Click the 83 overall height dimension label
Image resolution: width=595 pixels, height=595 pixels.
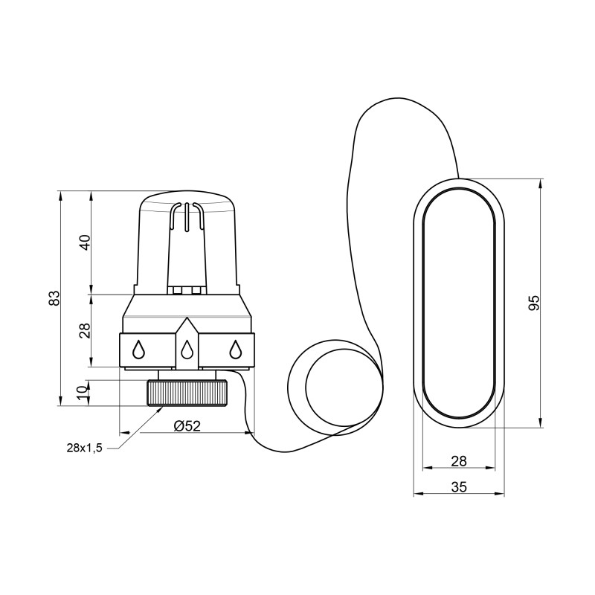(55, 298)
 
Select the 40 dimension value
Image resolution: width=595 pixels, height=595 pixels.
(86, 242)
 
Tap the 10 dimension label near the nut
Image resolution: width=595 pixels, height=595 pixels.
(82, 393)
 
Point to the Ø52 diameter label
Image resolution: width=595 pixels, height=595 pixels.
(187, 425)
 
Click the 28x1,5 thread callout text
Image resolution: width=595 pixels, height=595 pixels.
(85, 448)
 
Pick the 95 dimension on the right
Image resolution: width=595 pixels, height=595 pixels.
(534, 303)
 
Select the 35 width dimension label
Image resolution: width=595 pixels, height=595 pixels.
(459, 487)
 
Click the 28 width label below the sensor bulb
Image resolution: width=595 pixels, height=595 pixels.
(459, 461)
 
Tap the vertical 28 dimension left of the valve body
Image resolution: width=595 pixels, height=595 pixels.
(86, 330)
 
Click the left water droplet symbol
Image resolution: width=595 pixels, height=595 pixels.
(138, 349)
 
